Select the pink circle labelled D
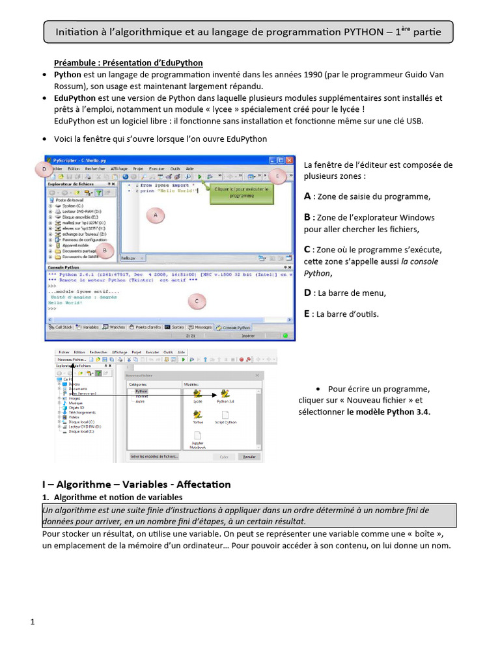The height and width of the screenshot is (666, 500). [44, 170]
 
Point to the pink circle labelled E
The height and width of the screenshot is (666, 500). [278, 176]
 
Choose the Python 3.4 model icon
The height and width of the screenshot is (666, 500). [225, 395]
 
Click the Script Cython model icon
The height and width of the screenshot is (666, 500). [225, 417]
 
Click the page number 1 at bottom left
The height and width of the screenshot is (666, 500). [32, 622]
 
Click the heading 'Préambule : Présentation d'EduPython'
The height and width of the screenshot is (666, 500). [128, 62]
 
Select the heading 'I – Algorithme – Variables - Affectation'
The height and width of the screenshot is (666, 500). [136, 484]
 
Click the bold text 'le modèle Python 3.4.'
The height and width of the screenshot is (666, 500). [389, 412]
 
